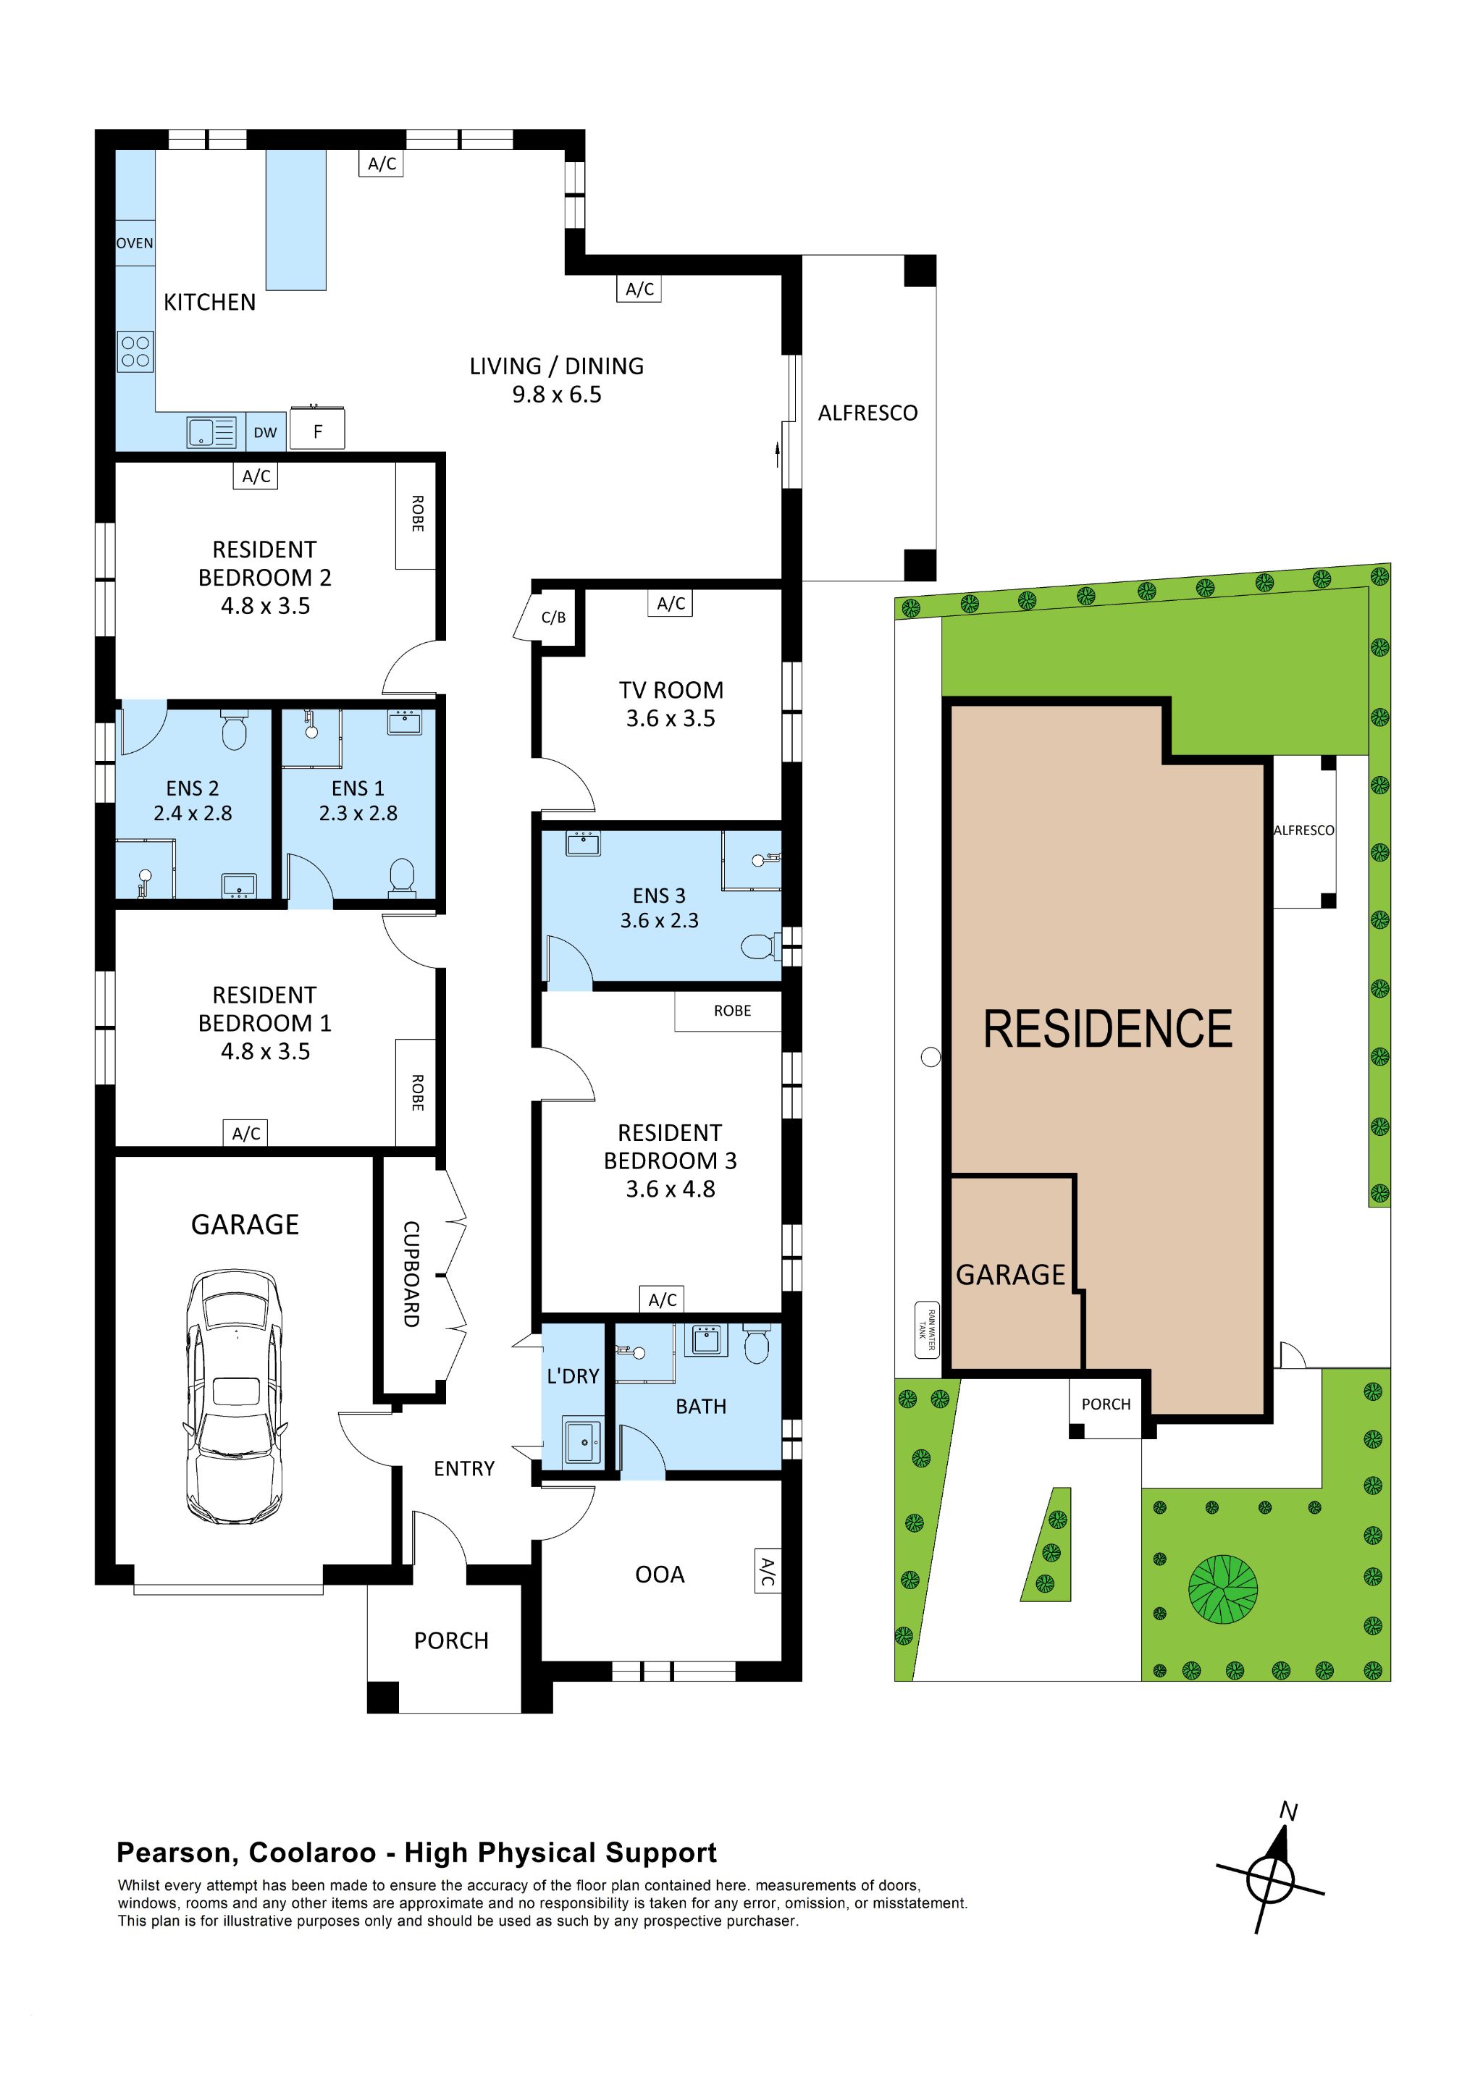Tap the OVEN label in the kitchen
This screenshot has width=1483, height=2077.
(x=134, y=243)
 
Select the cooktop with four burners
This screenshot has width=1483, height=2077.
(x=135, y=352)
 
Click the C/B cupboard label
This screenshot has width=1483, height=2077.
(x=553, y=618)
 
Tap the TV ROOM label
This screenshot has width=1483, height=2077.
(x=671, y=690)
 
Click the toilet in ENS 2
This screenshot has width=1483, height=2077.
(x=235, y=731)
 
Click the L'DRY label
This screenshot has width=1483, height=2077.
(x=573, y=1375)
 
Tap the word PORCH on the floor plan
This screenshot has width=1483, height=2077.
(x=451, y=1640)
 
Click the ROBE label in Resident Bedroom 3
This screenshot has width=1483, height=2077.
(x=731, y=1011)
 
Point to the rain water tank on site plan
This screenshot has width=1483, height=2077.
(x=927, y=1330)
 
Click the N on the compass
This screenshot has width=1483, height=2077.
(x=1288, y=1811)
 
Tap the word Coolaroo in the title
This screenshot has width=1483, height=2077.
(x=312, y=1853)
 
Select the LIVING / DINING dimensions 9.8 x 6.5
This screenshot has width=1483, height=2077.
(x=556, y=395)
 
